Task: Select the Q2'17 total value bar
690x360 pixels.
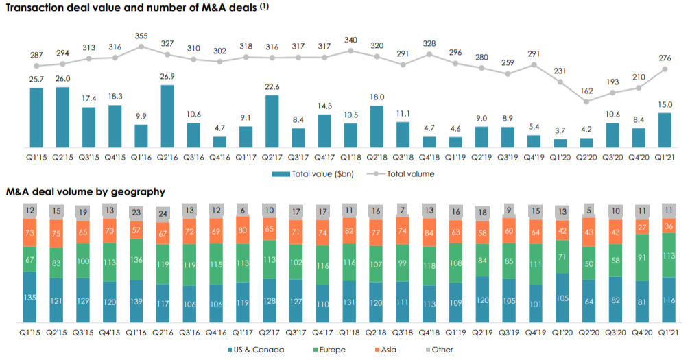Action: tap(271, 121)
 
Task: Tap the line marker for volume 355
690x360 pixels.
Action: tap(141, 47)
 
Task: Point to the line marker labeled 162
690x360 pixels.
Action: tap(586, 101)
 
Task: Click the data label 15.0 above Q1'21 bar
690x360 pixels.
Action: tap(664, 104)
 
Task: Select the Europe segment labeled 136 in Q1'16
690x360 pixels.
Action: tap(136, 259)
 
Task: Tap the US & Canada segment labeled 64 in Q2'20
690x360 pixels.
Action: tap(586, 301)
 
